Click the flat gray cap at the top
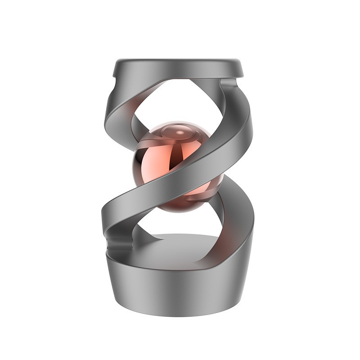[x=178, y=67]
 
